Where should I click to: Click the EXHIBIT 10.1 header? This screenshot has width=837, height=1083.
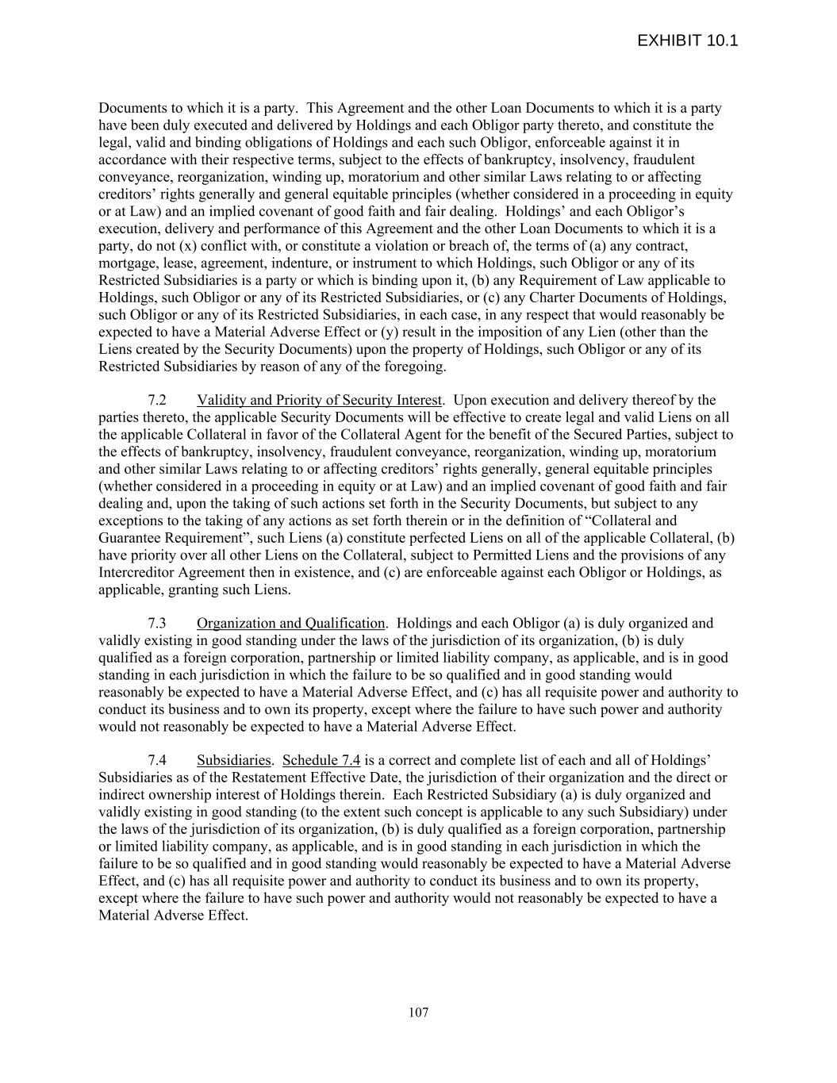pyautogui.click(x=687, y=40)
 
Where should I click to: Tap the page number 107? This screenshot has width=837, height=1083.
pyautogui.click(x=418, y=1012)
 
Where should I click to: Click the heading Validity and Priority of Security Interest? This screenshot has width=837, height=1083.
pyautogui.click(x=320, y=400)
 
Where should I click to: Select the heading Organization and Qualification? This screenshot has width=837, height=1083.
pyautogui.click(x=290, y=623)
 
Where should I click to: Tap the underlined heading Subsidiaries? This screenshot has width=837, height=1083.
pyautogui.click(x=233, y=760)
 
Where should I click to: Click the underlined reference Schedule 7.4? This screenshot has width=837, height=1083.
pyautogui.click(x=321, y=760)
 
